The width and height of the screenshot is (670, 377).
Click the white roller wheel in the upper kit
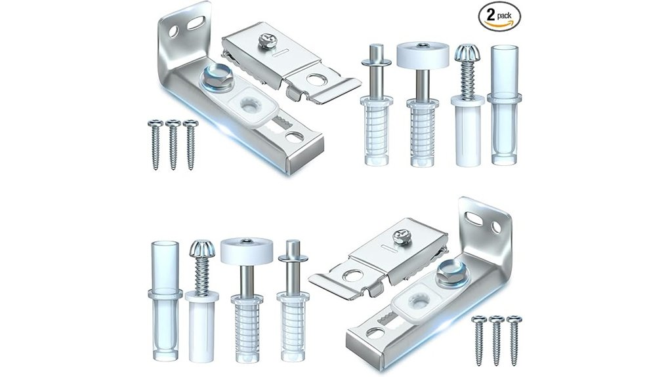421,54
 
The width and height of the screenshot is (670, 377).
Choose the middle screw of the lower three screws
496,339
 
